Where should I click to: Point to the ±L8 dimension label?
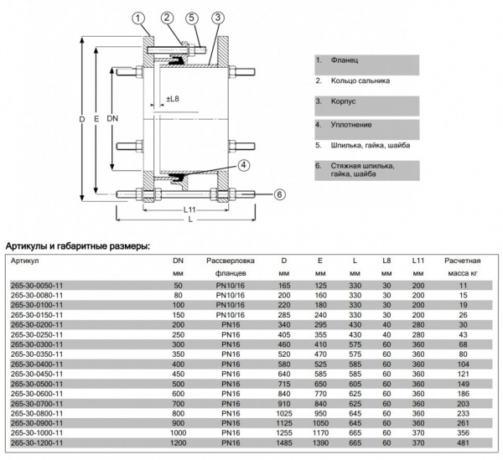(174, 100)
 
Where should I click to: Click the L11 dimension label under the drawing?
(190, 208)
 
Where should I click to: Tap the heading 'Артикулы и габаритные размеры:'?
(78, 246)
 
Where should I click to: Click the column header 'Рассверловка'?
(230, 261)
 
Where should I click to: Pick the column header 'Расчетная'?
(463, 261)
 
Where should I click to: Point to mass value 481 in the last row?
(463, 442)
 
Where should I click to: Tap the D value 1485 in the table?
(283, 442)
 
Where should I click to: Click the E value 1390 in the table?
(320, 442)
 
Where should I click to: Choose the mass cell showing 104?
(463, 364)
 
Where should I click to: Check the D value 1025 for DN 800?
(283, 413)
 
